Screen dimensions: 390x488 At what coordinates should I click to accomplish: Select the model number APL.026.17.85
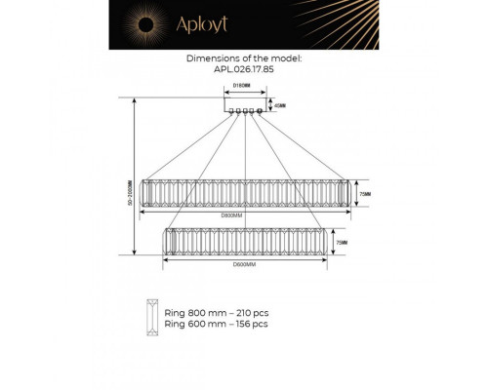pos(243,69)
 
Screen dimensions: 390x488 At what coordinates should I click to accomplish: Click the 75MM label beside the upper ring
pos(366,194)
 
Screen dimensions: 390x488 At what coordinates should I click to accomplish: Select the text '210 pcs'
pos(249,313)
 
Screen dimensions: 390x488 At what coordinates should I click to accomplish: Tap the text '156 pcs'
pos(249,323)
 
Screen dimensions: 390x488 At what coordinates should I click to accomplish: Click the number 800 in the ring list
pos(196,313)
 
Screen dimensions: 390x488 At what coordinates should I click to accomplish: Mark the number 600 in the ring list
pos(196,323)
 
